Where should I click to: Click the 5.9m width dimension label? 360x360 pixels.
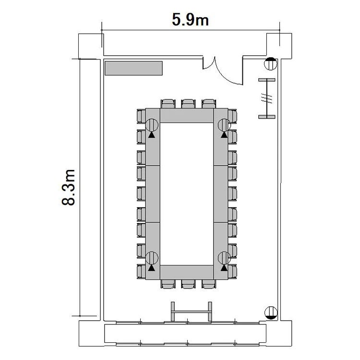(191, 20)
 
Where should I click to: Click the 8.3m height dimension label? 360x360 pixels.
(69, 187)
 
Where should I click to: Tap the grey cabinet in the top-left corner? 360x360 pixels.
(133, 68)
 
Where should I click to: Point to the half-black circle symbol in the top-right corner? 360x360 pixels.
(270, 64)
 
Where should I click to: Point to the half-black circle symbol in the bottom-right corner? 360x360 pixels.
(271, 312)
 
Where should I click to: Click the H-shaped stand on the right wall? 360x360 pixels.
(267, 98)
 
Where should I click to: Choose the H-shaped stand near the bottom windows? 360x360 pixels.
(191, 312)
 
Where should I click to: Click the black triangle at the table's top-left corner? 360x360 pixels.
(152, 135)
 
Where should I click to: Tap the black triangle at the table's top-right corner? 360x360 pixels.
(224, 135)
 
